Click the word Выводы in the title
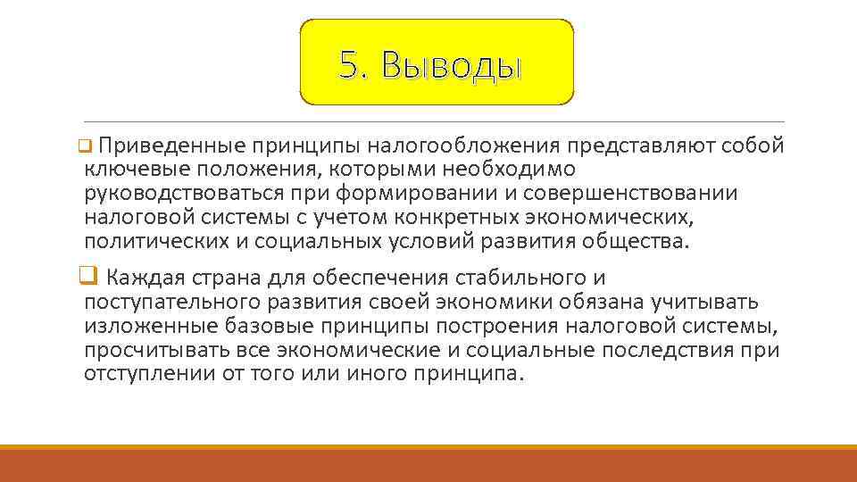pyautogui.click(x=450, y=66)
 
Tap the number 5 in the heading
pyautogui.click(x=349, y=65)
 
